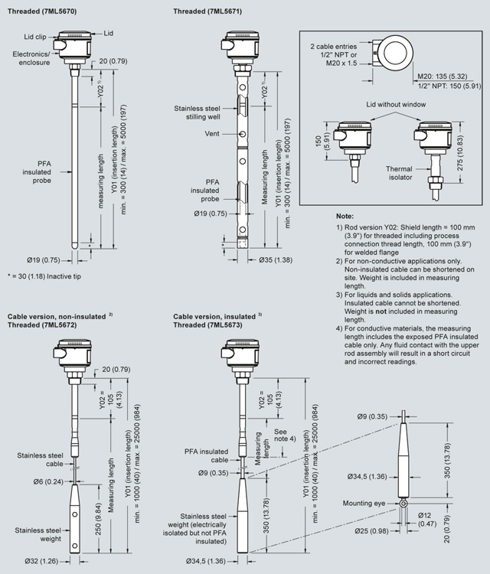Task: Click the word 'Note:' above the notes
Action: click(345, 217)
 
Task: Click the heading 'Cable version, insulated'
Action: click(216, 315)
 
